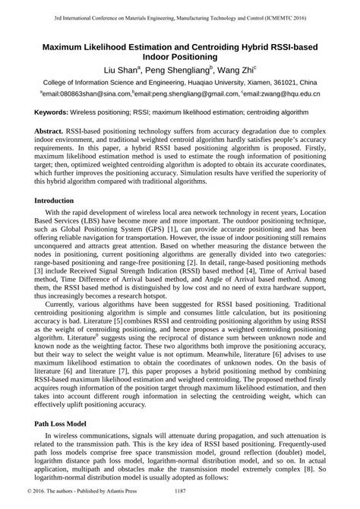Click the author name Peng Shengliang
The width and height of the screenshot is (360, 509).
pyautogui.click(x=184, y=69)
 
